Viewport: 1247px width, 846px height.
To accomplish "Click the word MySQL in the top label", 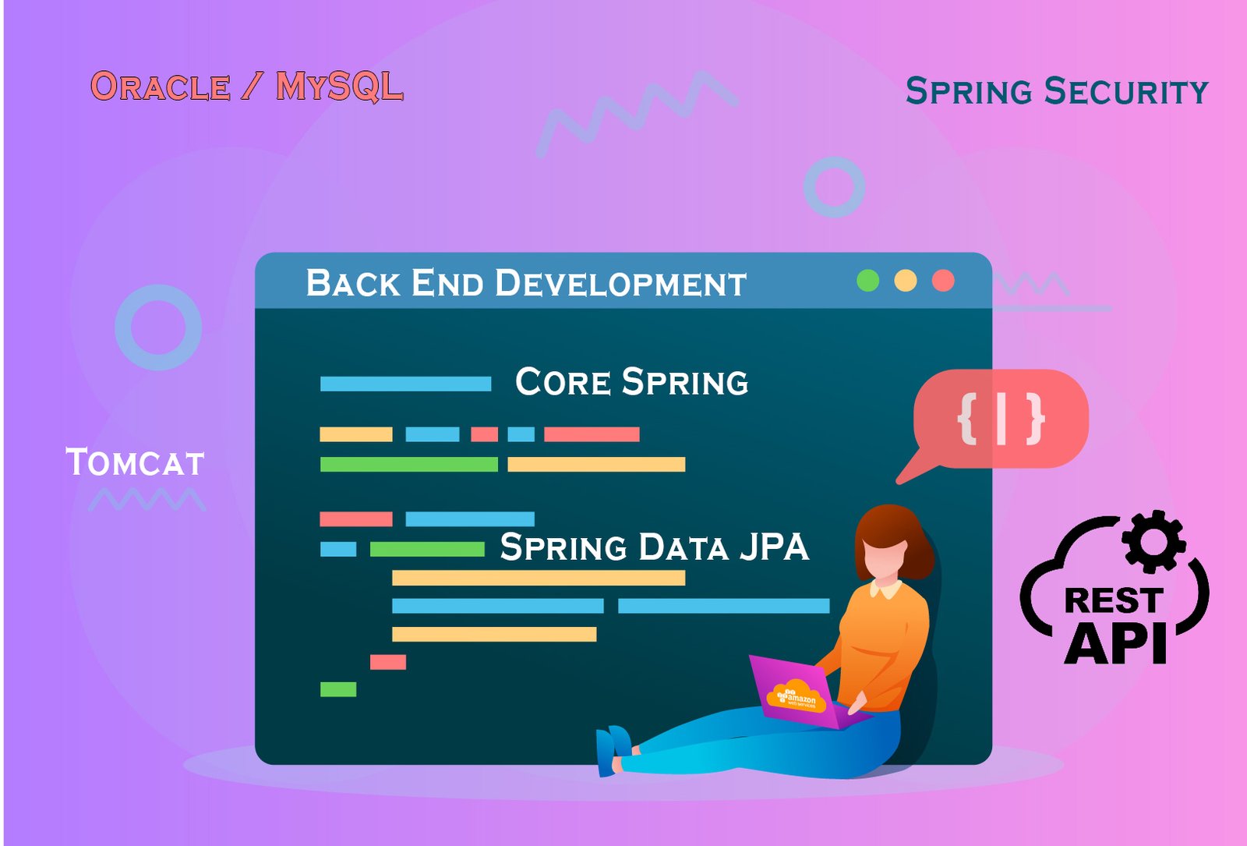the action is (x=340, y=87).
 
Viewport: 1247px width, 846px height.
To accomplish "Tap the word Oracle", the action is (x=161, y=87).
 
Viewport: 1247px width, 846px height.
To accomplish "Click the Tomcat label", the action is (x=135, y=462).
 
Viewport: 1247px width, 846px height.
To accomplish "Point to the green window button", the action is (x=868, y=281).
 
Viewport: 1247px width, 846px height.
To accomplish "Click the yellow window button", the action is (x=905, y=281).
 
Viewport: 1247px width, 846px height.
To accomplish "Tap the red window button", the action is (x=943, y=281).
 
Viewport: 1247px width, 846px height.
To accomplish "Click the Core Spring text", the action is (x=632, y=382).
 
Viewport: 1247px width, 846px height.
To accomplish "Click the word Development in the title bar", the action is (x=620, y=283).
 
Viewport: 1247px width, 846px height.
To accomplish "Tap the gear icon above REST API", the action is (x=1153, y=541).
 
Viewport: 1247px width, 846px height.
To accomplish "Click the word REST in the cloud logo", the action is (x=1114, y=600).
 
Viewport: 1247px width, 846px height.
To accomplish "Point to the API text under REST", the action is (x=1115, y=642).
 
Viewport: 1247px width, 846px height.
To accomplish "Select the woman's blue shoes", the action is (x=613, y=749).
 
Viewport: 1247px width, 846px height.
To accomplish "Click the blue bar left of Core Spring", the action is (x=406, y=384).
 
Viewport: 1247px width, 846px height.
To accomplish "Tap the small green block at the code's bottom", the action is (x=338, y=689).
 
